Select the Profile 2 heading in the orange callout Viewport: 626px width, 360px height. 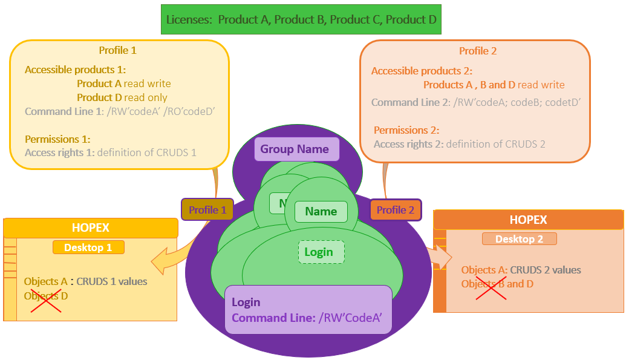point(478,51)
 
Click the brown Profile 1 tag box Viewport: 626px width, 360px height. point(207,210)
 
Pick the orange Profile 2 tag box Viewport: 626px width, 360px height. point(396,210)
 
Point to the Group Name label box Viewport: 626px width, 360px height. point(295,149)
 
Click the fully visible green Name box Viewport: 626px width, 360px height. point(321,211)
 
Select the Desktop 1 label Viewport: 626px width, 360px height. point(88,247)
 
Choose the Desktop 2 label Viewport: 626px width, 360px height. point(519,239)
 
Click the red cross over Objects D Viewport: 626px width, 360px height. point(46,297)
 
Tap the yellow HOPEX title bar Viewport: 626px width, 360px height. point(91,227)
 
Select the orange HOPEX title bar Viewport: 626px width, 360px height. point(528,220)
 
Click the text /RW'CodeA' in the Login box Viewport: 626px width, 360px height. point(350,318)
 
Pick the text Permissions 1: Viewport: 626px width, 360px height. point(57,139)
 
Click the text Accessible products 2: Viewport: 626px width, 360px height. point(422,71)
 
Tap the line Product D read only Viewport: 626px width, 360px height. point(122,97)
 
